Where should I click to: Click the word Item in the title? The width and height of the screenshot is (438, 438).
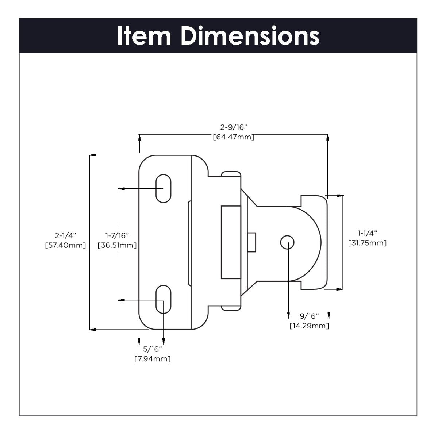pos(144,36)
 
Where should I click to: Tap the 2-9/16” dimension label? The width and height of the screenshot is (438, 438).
pos(234,127)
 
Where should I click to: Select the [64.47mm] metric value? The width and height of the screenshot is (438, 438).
pos(234,137)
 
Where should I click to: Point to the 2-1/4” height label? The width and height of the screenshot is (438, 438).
pos(65,235)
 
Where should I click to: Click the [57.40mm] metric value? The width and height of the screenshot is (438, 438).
pos(65,245)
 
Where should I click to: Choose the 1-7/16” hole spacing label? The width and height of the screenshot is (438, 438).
pos(117,235)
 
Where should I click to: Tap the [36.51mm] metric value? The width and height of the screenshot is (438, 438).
pos(117,245)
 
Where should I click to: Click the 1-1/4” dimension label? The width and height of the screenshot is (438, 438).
pos(367,233)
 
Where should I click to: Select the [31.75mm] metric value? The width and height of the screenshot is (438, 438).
pos(367,243)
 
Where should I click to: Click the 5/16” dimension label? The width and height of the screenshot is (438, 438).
pos(153,349)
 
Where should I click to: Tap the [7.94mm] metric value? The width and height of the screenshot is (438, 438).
pos(153,359)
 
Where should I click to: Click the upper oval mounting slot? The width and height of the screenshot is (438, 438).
pos(163,188)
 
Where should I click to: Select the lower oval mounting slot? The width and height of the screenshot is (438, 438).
pos(163,300)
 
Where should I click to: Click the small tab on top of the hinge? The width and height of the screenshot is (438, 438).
pos(232,173)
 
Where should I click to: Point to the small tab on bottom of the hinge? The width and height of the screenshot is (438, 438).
pos(232,308)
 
